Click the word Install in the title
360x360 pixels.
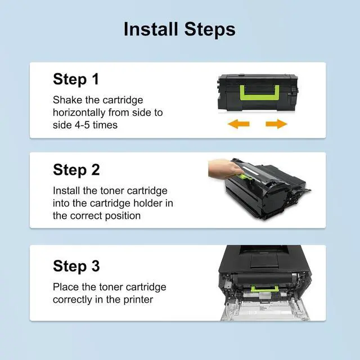coord(151,29)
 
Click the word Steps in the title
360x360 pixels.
coord(210,30)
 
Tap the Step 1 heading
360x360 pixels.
coord(76,79)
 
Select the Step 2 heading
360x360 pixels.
coord(76,170)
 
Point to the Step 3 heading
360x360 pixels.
coord(76,266)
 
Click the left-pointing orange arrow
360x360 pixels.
coord(238,124)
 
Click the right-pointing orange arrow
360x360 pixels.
coord(276,124)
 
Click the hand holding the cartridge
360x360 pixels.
coord(224,169)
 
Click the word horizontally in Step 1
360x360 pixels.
coord(79,112)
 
